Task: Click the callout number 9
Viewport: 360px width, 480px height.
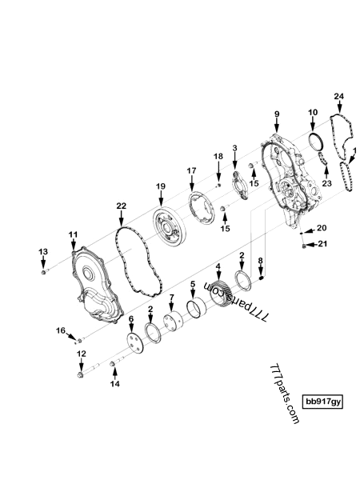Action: click(x=277, y=115)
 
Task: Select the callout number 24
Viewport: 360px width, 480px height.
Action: click(x=339, y=97)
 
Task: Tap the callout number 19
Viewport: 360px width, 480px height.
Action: click(x=160, y=186)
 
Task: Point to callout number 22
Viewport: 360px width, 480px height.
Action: click(x=121, y=206)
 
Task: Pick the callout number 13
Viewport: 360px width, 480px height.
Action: click(x=43, y=252)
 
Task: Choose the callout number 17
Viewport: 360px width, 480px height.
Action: click(x=191, y=170)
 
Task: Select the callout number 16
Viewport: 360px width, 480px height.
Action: click(x=60, y=330)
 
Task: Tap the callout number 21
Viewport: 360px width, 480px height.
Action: click(x=322, y=244)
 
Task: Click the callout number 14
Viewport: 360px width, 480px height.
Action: click(x=114, y=384)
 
